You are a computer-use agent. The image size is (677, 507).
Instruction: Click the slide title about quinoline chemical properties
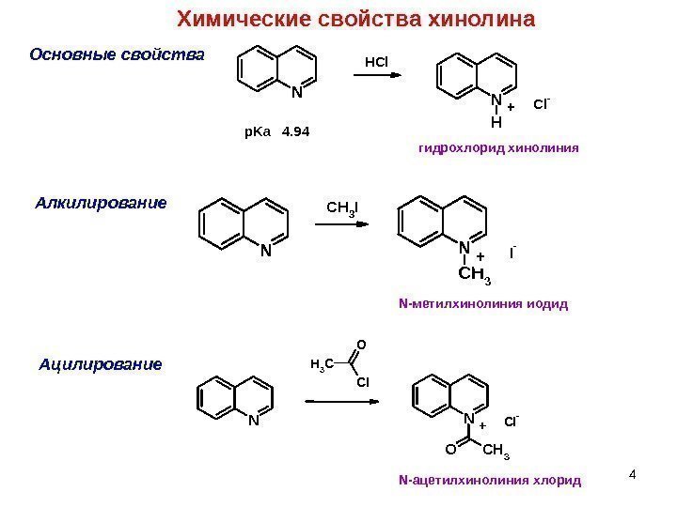pos(356,20)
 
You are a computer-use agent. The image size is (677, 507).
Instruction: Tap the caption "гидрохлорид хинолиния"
pos(497,147)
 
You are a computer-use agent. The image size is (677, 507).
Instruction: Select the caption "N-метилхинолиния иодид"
pos(484,304)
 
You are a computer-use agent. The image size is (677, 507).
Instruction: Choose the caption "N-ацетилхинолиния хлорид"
pos(491,481)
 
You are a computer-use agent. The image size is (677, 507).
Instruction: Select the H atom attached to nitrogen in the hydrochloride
pos(496,121)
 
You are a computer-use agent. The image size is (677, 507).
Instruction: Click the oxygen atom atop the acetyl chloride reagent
pos(359,345)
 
